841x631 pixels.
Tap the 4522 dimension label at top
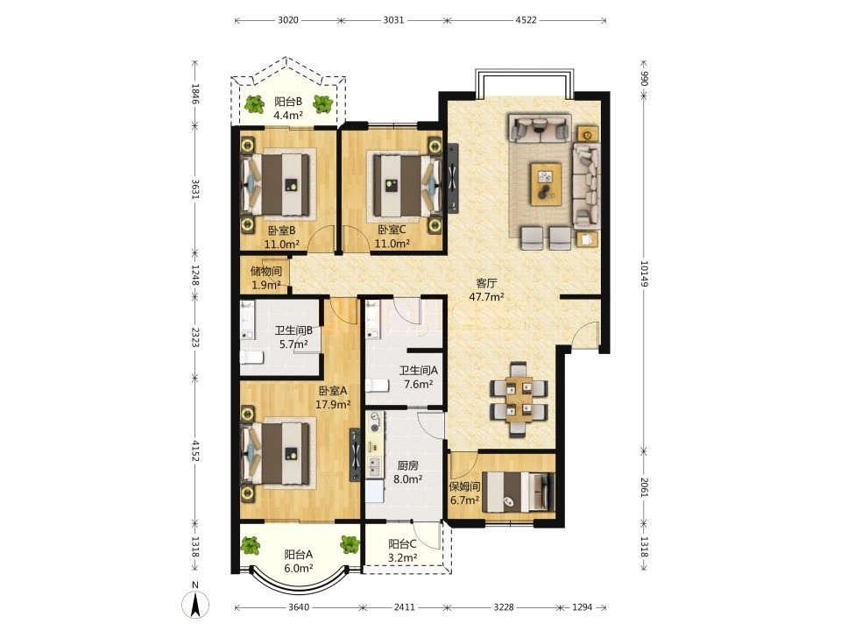(x=526, y=20)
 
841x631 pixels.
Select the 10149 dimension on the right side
(x=644, y=273)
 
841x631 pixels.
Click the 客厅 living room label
(x=486, y=283)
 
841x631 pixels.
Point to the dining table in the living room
(x=519, y=398)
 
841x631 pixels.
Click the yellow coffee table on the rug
(x=546, y=183)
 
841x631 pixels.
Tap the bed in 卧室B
(x=277, y=184)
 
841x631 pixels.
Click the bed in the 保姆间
(x=517, y=492)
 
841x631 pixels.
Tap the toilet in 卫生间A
(x=377, y=385)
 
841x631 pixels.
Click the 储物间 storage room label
(x=266, y=271)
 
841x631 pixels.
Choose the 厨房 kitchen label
(x=407, y=465)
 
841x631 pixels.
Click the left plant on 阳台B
(x=254, y=103)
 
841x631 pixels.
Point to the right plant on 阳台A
(x=350, y=544)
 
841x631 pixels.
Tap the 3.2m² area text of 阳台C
(x=402, y=557)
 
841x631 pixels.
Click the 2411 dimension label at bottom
(x=404, y=606)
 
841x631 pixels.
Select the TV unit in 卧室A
(x=355, y=455)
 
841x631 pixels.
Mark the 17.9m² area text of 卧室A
(x=333, y=405)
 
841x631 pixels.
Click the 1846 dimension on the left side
(x=195, y=95)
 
